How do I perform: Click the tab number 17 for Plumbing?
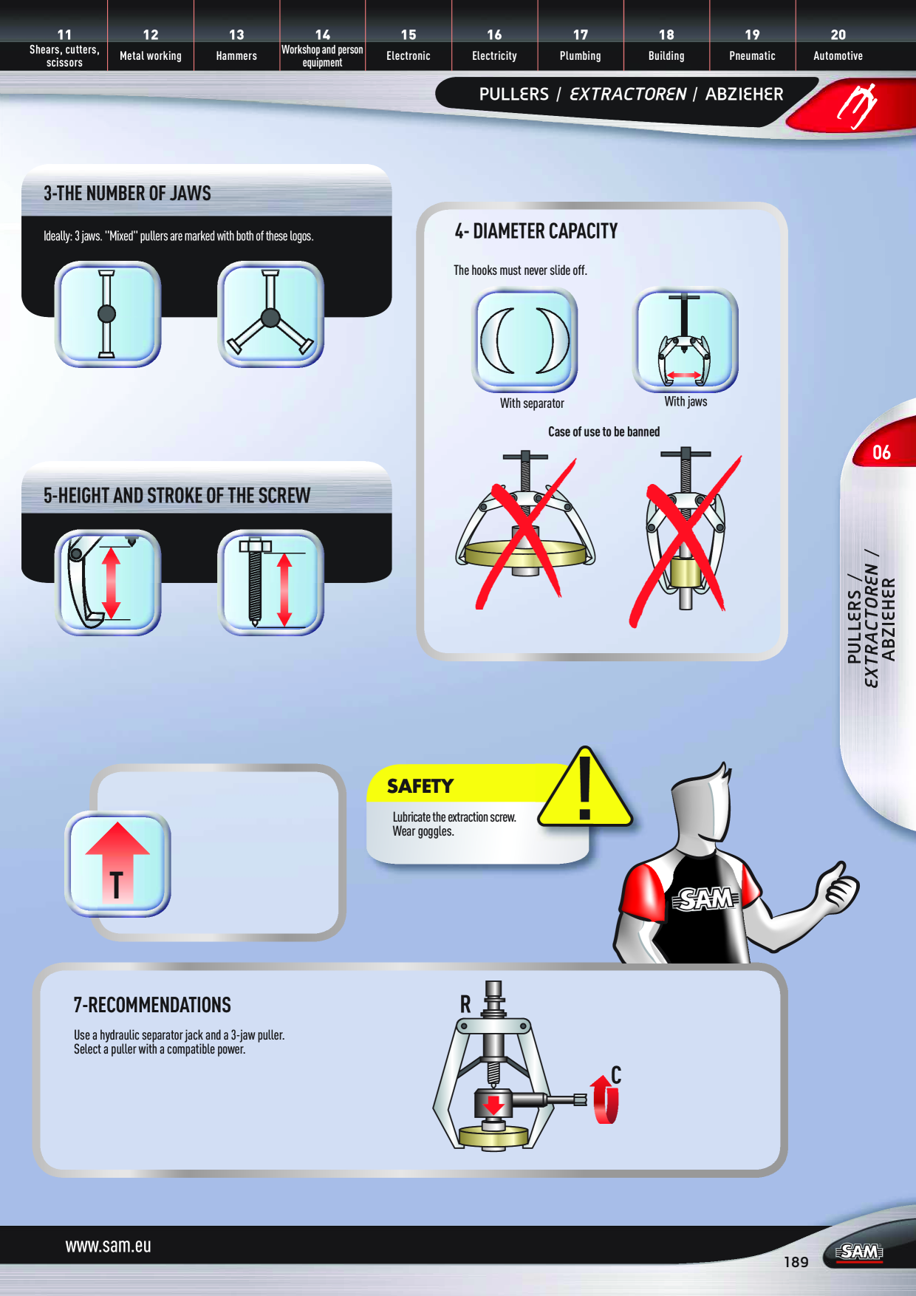(x=581, y=35)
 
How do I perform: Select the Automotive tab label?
(x=838, y=56)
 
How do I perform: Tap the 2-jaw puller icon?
(x=108, y=314)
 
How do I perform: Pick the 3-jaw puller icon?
(x=271, y=314)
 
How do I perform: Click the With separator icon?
(x=524, y=340)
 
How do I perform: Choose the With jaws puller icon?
(x=686, y=340)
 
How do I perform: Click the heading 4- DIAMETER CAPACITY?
(x=536, y=231)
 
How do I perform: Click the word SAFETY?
(x=420, y=786)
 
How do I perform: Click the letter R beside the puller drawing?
(x=465, y=1004)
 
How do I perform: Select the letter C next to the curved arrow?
(x=616, y=1075)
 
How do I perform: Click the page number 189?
(x=796, y=1262)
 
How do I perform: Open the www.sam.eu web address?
(x=108, y=1246)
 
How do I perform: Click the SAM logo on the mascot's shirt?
(x=705, y=899)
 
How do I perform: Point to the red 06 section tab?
(x=883, y=451)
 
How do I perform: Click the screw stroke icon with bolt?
(x=271, y=582)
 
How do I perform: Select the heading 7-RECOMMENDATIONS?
(x=152, y=1005)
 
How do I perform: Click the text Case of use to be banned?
(x=604, y=432)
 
